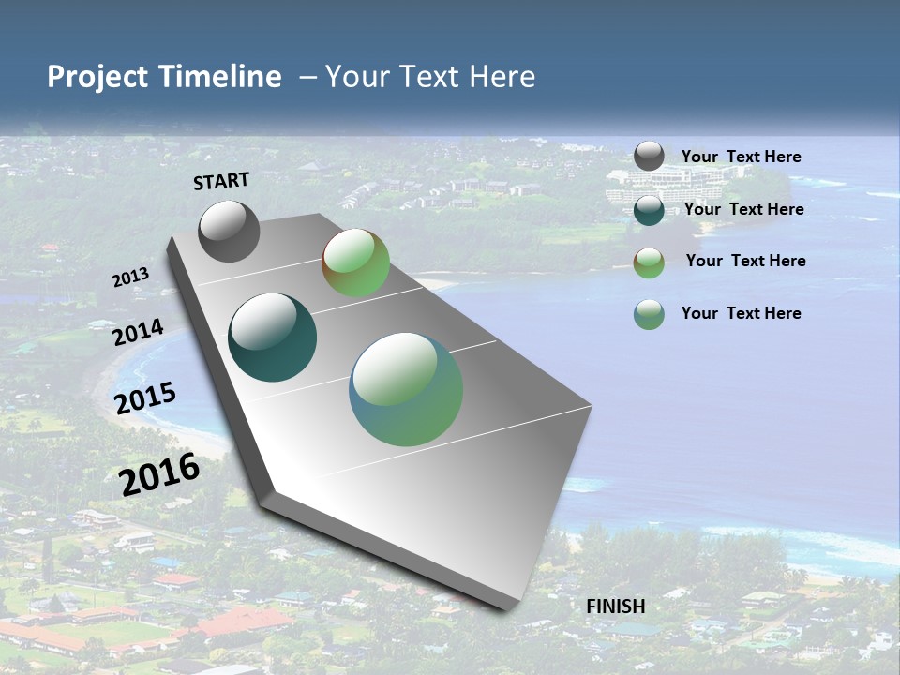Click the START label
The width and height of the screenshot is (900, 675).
[x=221, y=181]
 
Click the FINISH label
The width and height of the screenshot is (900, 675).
[x=615, y=607]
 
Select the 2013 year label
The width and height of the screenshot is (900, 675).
[x=130, y=277]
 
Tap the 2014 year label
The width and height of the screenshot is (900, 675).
[x=138, y=332]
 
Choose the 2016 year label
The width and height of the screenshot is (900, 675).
[x=159, y=473]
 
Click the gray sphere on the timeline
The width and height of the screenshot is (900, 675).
[x=229, y=231]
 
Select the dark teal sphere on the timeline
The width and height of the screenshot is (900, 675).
[x=272, y=337]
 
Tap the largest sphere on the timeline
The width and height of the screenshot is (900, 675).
[x=406, y=389]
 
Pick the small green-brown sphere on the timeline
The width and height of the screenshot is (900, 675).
[x=355, y=262]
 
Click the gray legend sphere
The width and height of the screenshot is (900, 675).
[x=649, y=157]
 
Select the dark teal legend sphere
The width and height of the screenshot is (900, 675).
[x=649, y=210]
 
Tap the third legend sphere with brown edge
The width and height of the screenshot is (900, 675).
[x=649, y=262]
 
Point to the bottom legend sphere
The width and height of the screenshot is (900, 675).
[x=649, y=314]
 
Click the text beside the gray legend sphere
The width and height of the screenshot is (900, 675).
[x=741, y=157]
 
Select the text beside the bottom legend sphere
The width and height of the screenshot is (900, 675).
[x=741, y=313]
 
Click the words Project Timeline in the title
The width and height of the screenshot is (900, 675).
[x=164, y=77]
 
